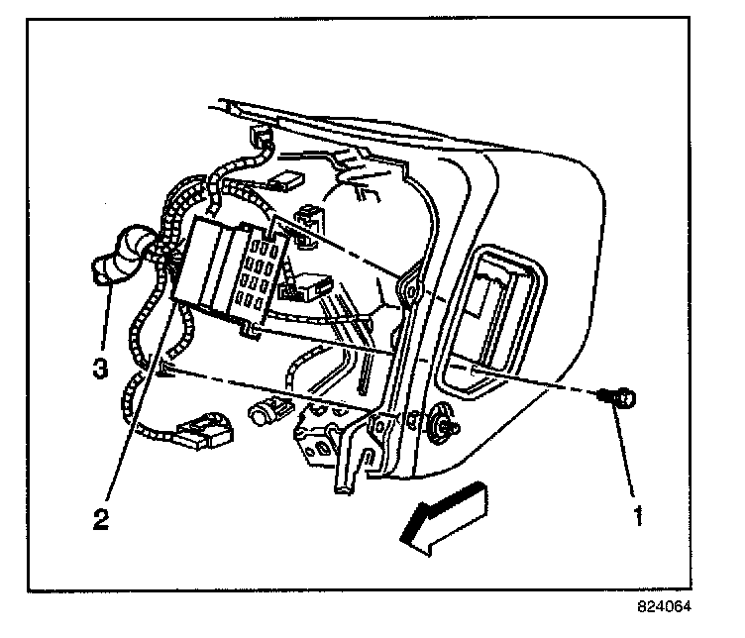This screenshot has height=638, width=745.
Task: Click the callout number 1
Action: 639,514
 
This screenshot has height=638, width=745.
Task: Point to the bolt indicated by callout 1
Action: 622,398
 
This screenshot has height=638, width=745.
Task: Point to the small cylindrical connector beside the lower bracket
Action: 266,409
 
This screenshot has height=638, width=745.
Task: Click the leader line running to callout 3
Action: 105,317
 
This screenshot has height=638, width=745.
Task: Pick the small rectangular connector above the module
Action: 289,179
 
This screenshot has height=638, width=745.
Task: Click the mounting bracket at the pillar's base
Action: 332,436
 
